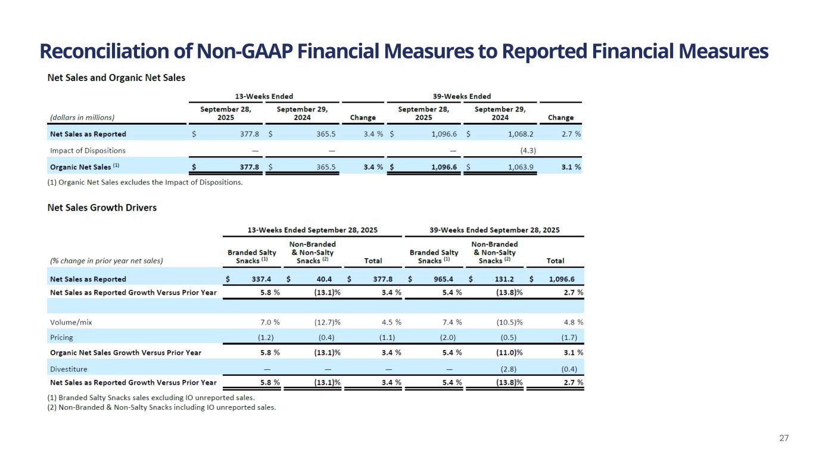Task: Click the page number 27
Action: click(784, 438)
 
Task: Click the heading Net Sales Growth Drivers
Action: click(102, 208)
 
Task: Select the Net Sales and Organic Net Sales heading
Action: click(116, 78)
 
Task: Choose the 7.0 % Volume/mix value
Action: click(268, 322)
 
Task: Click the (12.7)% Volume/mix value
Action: click(327, 322)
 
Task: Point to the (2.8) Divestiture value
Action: click(511, 368)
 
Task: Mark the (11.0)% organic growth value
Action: click(509, 352)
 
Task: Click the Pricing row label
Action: click(61, 338)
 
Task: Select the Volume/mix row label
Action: click(71, 322)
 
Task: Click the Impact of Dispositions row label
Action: click(88, 150)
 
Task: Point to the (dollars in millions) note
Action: click(83, 117)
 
